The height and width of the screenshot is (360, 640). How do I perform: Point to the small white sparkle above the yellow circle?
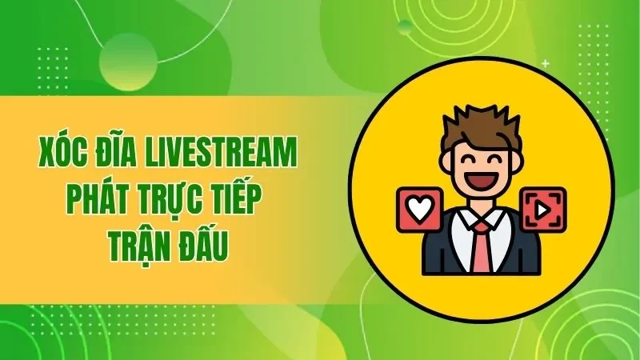click(x=545, y=62)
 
